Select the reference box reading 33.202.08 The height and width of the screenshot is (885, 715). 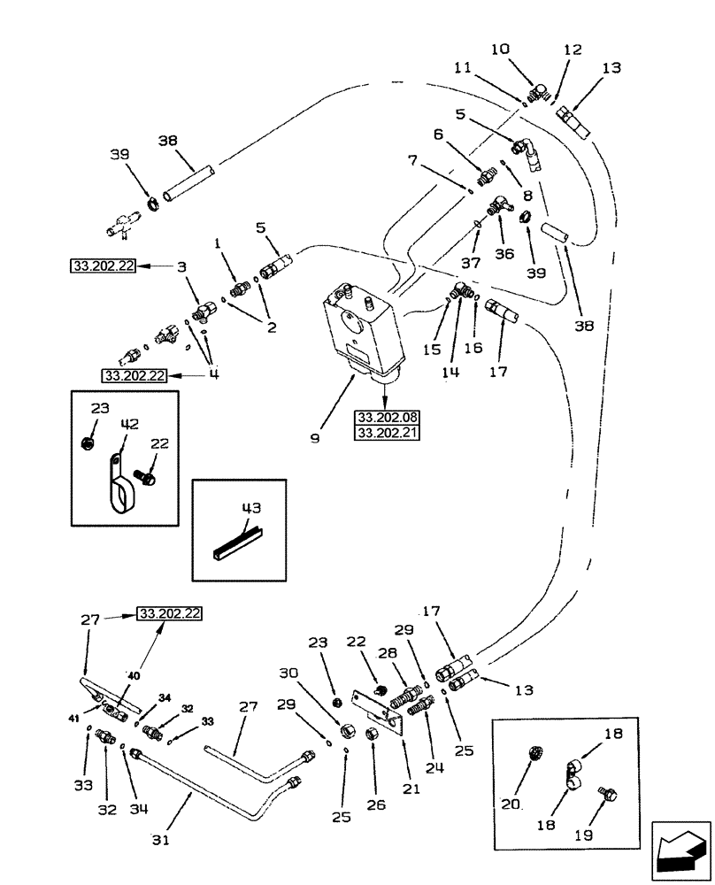(x=386, y=416)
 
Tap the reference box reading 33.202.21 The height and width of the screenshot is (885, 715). (x=386, y=433)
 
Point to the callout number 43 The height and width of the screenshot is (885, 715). (x=251, y=508)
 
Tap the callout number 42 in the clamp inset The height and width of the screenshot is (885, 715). (x=131, y=424)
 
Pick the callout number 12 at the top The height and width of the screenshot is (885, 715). (x=572, y=50)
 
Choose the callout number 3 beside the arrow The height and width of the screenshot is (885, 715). (x=181, y=266)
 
